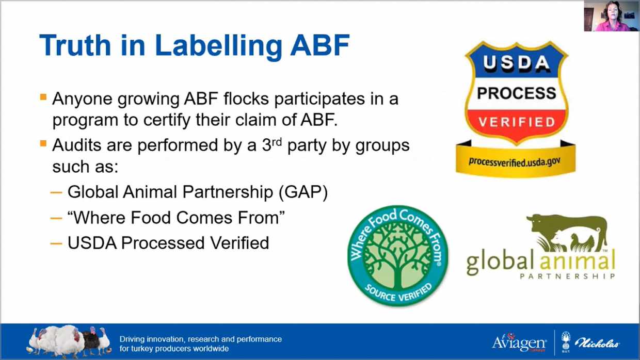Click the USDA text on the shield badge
click(x=517, y=62)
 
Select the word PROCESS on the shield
click(x=517, y=93)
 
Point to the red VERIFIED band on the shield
click(x=517, y=122)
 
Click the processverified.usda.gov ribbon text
click(x=514, y=162)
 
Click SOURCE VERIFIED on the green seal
click(x=398, y=292)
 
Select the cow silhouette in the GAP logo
click(x=567, y=232)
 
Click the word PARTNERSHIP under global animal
click(x=567, y=276)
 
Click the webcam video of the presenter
click(x=611, y=15)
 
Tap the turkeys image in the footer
click(x=69, y=342)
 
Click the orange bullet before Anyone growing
click(x=43, y=97)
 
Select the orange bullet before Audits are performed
click(x=43, y=143)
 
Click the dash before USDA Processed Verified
click(x=56, y=243)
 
